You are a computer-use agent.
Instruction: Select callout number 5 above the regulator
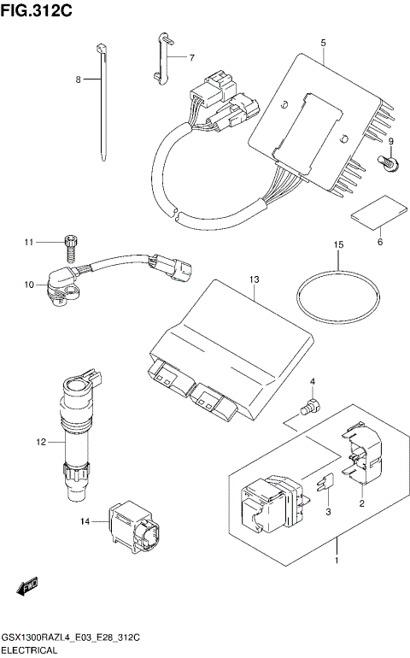click(324, 42)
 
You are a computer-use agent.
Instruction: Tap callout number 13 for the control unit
click(254, 279)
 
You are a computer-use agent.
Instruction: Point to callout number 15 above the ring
click(338, 244)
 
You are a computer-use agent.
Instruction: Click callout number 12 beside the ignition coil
click(39, 442)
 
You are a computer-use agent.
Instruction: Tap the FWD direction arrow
click(26, 587)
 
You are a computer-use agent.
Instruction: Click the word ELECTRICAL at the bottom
click(29, 650)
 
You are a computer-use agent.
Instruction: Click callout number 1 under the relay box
click(337, 561)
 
